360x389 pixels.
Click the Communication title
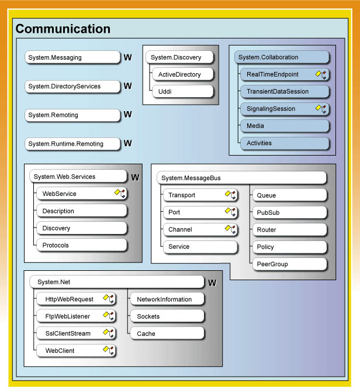63,29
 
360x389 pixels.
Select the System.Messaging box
72,57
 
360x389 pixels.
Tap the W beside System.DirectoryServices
127,86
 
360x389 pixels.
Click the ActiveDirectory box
183,74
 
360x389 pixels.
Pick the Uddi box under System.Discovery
183,91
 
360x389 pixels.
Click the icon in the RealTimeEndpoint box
321,74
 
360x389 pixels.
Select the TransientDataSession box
285,91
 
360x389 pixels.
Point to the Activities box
285,143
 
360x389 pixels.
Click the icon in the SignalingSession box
321,109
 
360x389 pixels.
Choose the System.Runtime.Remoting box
72,144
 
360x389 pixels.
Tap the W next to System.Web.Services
135,177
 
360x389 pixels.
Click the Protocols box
82,245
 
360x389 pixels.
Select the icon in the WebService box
120,194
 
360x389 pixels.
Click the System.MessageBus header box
242,178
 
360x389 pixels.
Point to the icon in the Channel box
230,229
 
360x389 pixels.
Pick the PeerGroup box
290,264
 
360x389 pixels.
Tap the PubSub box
290,212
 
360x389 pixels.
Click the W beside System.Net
212,283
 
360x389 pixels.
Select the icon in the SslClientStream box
108,333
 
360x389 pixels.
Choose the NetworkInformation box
167,299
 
